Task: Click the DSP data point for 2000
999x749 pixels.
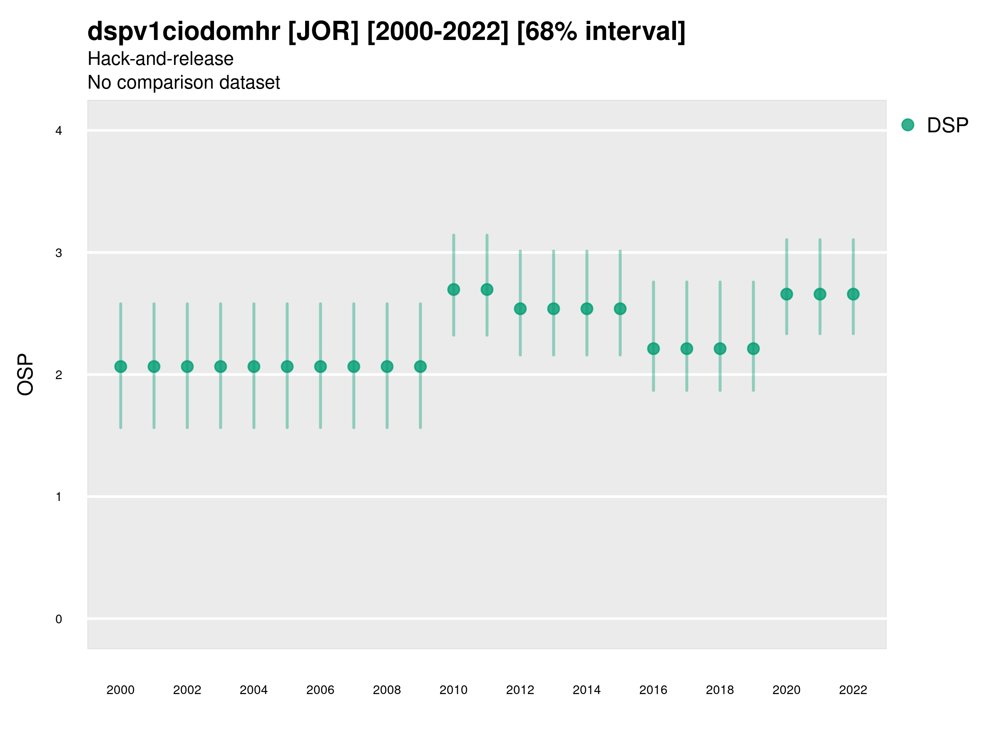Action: pos(121,367)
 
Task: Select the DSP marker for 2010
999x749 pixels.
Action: pos(453,289)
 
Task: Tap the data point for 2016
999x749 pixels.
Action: pos(653,349)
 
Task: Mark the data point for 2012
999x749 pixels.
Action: pos(520,309)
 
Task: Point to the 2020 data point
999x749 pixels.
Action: pos(786,294)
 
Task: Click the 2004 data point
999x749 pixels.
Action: pos(254,367)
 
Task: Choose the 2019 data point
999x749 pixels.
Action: pos(753,349)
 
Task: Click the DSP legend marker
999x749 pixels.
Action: pos(907,125)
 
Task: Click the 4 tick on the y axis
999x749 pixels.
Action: pos(59,131)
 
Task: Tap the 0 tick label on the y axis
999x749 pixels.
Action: pos(59,619)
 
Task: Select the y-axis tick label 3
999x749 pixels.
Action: pos(59,253)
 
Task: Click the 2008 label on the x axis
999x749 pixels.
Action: pos(387,690)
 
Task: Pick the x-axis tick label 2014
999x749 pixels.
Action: pos(586,690)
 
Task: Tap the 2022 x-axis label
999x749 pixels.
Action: pos(852,690)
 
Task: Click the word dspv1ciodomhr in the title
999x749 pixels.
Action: pos(184,32)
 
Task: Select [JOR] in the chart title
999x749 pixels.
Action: pos(323,32)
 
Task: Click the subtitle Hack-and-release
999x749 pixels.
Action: pos(160,59)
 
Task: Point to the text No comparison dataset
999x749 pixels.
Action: pos(184,83)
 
